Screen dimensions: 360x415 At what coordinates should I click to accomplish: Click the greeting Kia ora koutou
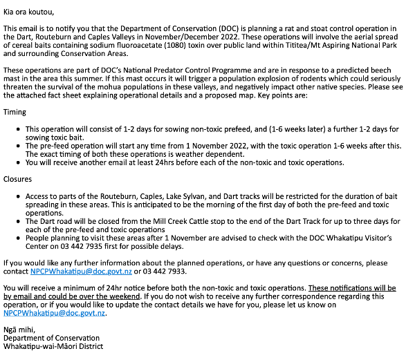click(x=28, y=12)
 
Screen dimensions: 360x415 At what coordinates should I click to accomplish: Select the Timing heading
click(x=15, y=112)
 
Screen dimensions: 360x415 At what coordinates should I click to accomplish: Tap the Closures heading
click(x=17, y=179)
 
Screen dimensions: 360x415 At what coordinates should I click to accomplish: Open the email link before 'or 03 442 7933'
click(x=81, y=272)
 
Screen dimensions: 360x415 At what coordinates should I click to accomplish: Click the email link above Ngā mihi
click(x=55, y=313)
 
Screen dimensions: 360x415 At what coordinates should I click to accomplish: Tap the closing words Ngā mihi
click(x=19, y=330)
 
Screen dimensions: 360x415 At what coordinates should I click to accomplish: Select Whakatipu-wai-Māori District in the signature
click(x=53, y=346)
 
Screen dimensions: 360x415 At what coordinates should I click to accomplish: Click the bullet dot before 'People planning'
click(x=18, y=238)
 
